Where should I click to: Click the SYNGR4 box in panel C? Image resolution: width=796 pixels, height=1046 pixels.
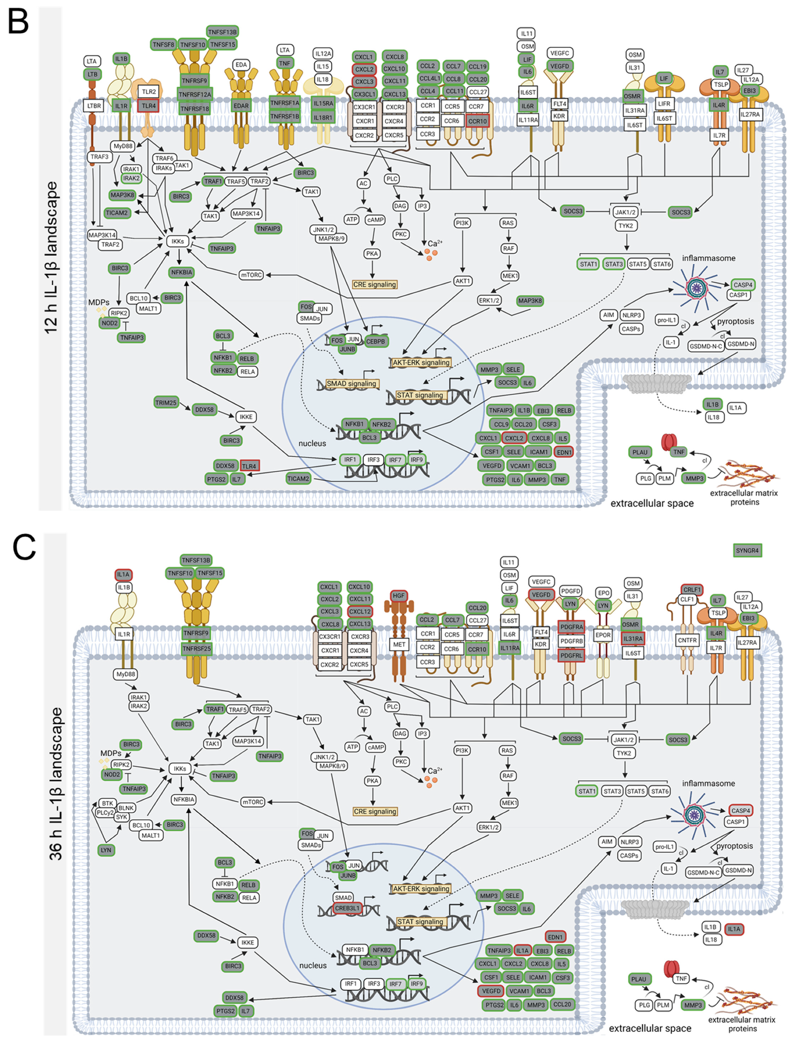747,551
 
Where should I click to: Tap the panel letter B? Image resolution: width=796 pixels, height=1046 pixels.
18,22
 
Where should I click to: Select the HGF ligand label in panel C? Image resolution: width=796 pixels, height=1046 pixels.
398,595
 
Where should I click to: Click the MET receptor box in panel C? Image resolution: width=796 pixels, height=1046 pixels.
399,644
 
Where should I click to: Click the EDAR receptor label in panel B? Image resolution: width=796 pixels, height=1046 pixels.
241,106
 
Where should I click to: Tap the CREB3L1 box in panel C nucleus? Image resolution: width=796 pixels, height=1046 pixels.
347,908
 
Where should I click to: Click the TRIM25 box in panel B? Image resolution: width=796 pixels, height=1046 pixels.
165,403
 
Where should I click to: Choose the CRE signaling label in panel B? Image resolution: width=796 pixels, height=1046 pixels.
374,284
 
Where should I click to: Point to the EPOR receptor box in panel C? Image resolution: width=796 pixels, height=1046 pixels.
603,635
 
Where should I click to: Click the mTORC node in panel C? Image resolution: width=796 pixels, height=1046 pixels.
253,802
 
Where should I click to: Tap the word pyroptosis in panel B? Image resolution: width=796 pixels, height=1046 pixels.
735,321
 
